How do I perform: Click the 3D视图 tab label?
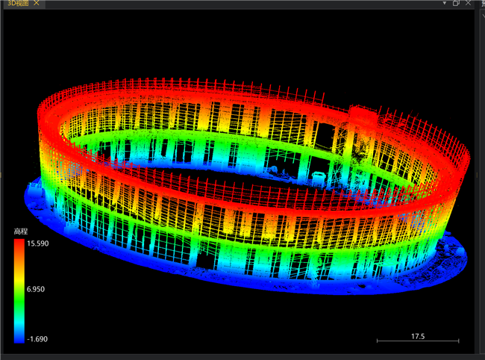point(18,3)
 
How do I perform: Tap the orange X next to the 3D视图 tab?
point(37,3)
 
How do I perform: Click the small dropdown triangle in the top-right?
point(445,3)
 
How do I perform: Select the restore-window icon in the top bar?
point(456,3)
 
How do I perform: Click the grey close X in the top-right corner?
point(468,3)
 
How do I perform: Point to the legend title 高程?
point(21,232)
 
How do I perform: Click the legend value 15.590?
point(38,243)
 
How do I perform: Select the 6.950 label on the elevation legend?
point(36,289)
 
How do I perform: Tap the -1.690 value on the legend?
point(37,339)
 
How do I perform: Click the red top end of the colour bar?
point(19,240)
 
